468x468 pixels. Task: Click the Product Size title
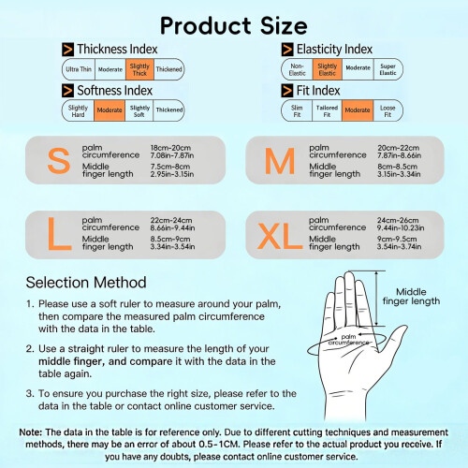pyautogui.click(x=234, y=25)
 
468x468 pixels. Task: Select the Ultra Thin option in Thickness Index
pyautogui.click(x=79, y=69)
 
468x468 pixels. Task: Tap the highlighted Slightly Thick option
pyautogui.click(x=139, y=69)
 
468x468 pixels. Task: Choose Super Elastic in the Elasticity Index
pyautogui.click(x=388, y=69)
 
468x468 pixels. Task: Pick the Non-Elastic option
pyautogui.click(x=297, y=69)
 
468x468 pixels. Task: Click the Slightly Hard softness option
pyautogui.click(x=78, y=110)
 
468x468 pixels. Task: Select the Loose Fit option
pyautogui.click(x=388, y=110)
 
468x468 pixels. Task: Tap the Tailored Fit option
pyautogui.click(x=327, y=110)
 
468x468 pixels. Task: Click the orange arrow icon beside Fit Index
pyautogui.click(x=287, y=91)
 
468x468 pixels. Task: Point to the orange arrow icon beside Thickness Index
pyautogui.click(x=67, y=50)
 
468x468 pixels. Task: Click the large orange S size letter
pyautogui.click(x=59, y=160)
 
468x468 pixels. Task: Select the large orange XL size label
pyautogui.click(x=280, y=236)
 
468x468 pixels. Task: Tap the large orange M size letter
pyautogui.click(x=280, y=161)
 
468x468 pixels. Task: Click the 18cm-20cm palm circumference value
pyautogui.click(x=170, y=148)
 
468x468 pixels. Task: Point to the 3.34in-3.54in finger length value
pyautogui.click(x=172, y=246)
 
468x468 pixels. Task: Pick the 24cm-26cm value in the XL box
pyautogui.click(x=398, y=220)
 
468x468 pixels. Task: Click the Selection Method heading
pyautogui.click(x=86, y=283)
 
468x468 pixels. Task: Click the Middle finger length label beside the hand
pyautogui.click(x=411, y=297)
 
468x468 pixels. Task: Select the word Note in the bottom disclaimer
pyautogui.click(x=30, y=432)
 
